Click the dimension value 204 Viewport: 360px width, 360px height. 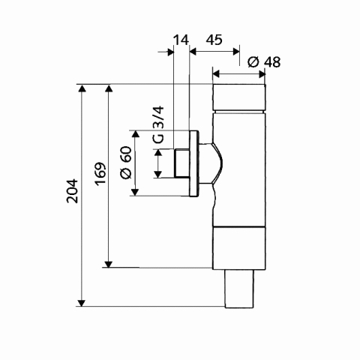click(72, 190)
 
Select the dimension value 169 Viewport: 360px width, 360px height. click(100, 174)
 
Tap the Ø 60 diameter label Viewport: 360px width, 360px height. click(126, 163)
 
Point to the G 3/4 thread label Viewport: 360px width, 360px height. click(158, 124)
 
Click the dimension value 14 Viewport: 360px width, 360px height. click(181, 40)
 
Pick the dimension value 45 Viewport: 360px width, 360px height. click(214, 40)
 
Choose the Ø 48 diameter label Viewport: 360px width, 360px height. click(264, 62)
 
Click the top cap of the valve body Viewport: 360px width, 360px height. click(239, 97)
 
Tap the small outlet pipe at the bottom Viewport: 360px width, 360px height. click(239, 289)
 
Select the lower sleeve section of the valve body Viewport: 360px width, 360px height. click(238, 248)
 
